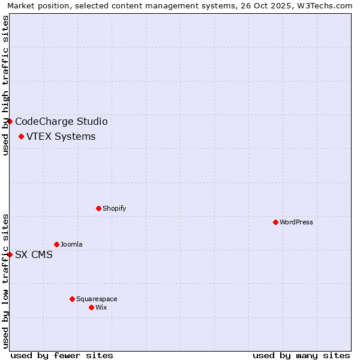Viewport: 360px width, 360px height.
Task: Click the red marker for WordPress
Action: (x=275, y=222)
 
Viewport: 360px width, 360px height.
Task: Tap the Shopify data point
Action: (x=98, y=208)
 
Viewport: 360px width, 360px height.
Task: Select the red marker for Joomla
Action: (x=56, y=244)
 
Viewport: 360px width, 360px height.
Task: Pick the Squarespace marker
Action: (x=72, y=299)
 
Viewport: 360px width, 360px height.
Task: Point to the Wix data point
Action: (x=91, y=307)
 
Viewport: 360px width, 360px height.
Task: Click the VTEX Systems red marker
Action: (x=21, y=136)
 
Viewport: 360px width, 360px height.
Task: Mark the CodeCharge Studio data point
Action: (x=10, y=121)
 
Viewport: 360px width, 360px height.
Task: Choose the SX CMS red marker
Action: (x=10, y=254)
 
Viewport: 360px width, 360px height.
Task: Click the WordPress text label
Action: (x=296, y=222)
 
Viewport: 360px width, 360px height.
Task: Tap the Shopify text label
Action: (x=114, y=208)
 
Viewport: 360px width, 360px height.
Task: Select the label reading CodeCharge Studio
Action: (x=61, y=121)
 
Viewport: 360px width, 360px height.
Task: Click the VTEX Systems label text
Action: (x=61, y=136)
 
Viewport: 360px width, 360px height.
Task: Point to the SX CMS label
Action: (x=34, y=254)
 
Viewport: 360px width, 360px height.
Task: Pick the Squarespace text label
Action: (x=97, y=299)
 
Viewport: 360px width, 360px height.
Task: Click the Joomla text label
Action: (x=71, y=244)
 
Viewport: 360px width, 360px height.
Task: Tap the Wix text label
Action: (x=101, y=307)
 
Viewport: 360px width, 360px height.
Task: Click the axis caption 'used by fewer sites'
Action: (x=62, y=355)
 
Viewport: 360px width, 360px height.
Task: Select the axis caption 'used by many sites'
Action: (x=301, y=355)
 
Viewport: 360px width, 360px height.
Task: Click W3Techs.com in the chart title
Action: (x=323, y=6)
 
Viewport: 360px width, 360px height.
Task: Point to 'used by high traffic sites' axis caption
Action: (x=5, y=85)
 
